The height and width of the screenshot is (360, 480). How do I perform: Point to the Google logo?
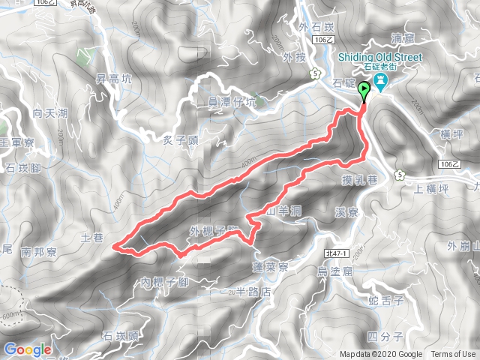pos(28,349)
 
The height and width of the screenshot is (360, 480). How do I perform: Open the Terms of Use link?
pos(452,355)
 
